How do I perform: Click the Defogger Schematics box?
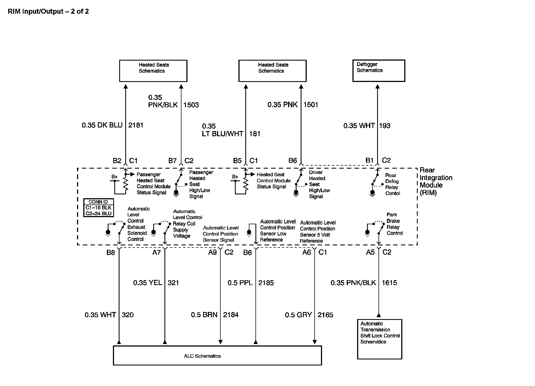379,71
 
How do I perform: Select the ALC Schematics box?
217,356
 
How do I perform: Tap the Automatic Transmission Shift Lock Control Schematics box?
380,339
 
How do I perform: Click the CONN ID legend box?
98,208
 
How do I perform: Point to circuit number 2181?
136,125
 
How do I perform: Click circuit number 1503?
191,105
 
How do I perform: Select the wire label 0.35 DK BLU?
102,125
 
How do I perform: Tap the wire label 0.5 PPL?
240,283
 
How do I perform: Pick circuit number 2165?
325,315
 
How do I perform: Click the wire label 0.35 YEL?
147,283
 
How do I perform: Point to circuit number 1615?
389,283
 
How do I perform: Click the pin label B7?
172,161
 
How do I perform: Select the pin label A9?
212,252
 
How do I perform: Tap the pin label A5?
370,252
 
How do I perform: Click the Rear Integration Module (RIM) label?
436,181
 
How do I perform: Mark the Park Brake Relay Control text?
394,224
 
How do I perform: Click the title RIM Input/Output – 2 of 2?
48,12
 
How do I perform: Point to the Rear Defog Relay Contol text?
392,184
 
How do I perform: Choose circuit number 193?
385,126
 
